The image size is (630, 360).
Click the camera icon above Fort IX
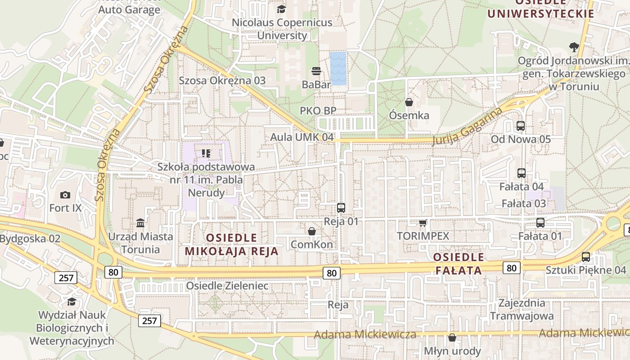(x=65, y=195)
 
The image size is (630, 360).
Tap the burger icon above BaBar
(x=316, y=71)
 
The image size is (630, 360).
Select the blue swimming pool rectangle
(x=338, y=68)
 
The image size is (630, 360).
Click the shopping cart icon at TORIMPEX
(x=423, y=223)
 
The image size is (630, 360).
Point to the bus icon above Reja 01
(x=341, y=208)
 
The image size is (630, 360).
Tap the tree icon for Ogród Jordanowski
(x=573, y=46)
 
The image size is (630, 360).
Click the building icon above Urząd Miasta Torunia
(x=140, y=223)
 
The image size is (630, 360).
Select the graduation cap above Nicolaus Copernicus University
(x=282, y=9)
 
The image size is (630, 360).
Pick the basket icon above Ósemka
(x=409, y=102)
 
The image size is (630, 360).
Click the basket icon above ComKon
(x=312, y=231)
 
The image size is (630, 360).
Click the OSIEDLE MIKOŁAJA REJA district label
(x=232, y=244)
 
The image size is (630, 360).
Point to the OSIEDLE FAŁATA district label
(x=459, y=264)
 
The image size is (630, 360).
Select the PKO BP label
(x=318, y=111)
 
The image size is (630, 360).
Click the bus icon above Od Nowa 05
(x=521, y=126)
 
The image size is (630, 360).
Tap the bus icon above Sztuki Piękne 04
(x=586, y=257)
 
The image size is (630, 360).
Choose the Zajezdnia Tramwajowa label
(x=522, y=309)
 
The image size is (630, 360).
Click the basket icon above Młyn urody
(x=452, y=337)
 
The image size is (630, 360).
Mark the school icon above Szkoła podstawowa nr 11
(x=206, y=153)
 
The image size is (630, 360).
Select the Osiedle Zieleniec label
(x=227, y=286)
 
